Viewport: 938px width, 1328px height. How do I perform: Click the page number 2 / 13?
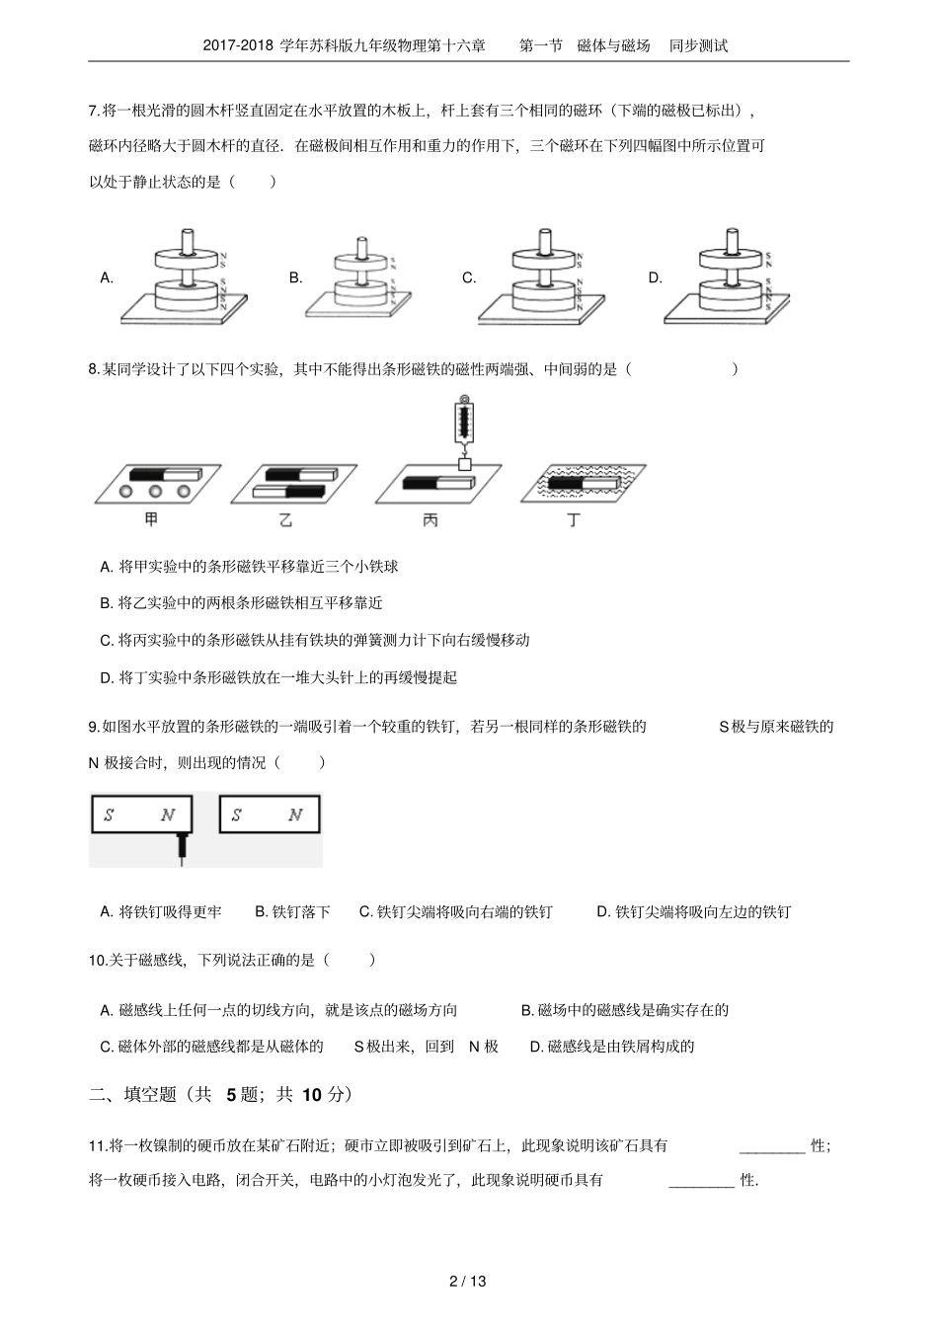(x=468, y=1283)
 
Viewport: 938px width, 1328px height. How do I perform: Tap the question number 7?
(x=94, y=111)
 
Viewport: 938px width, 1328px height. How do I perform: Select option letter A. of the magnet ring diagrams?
(x=107, y=278)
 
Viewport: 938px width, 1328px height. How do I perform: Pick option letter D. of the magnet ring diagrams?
(x=655, y=278)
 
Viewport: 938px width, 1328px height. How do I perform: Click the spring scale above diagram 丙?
(x=463, y=422)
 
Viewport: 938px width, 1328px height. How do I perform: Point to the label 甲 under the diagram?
(x=151, y=519)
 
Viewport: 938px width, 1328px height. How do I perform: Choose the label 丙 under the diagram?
(x=430, y=519)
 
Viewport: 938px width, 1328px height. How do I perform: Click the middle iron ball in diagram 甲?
(x=155, y=491)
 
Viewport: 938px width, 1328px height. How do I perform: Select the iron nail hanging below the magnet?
(x=182, y=848)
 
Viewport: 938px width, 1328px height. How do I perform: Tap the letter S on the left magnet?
(x=109, y=816)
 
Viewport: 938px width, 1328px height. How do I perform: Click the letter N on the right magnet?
(x=294, y=816)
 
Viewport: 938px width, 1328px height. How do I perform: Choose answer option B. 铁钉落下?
(x=292, y=912)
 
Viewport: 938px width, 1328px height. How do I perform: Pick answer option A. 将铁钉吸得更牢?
(x=161, y=912)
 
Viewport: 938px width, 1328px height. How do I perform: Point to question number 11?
(x=98, y=1145)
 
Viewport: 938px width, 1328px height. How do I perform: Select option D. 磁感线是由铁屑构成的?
(x=612, y=1047)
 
